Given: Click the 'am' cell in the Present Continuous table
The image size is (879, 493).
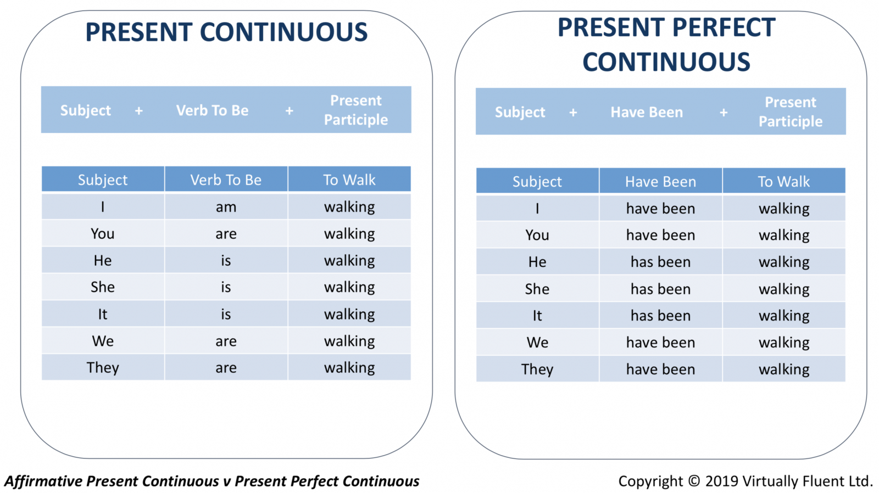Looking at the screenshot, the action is pos(226,207).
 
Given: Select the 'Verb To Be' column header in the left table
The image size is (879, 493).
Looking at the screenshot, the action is pos(226,180).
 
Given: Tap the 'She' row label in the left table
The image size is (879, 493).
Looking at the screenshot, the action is pos(103,287).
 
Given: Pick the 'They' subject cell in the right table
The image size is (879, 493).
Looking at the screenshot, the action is pos(537,369).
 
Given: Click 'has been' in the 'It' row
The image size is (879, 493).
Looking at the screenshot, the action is pos(660,316).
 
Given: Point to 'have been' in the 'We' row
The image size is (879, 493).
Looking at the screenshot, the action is pos(660,343).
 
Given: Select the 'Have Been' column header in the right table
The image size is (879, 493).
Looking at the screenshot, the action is pos(660,182).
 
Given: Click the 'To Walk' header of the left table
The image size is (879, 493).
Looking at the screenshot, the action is pos(349,180).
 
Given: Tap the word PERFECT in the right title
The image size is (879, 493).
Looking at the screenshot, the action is pos(724,27).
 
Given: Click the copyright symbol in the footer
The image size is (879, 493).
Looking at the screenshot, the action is pos(694,481).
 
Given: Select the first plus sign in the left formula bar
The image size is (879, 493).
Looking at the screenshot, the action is pos(139,111).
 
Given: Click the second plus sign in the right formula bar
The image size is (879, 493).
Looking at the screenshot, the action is pos(724,113).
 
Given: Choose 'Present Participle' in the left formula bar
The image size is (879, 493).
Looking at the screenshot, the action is pos(356,110).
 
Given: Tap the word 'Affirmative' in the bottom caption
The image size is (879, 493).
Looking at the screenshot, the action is pos(43,481).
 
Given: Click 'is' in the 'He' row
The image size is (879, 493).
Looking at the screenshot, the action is pos(226,260).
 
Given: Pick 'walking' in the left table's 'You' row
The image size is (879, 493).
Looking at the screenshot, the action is pos(349,234).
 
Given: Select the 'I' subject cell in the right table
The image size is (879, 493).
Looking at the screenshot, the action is pos(537,209).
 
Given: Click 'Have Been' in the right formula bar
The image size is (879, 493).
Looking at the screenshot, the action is pos(647,112).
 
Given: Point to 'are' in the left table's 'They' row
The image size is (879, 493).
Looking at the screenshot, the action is pos(226,368).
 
